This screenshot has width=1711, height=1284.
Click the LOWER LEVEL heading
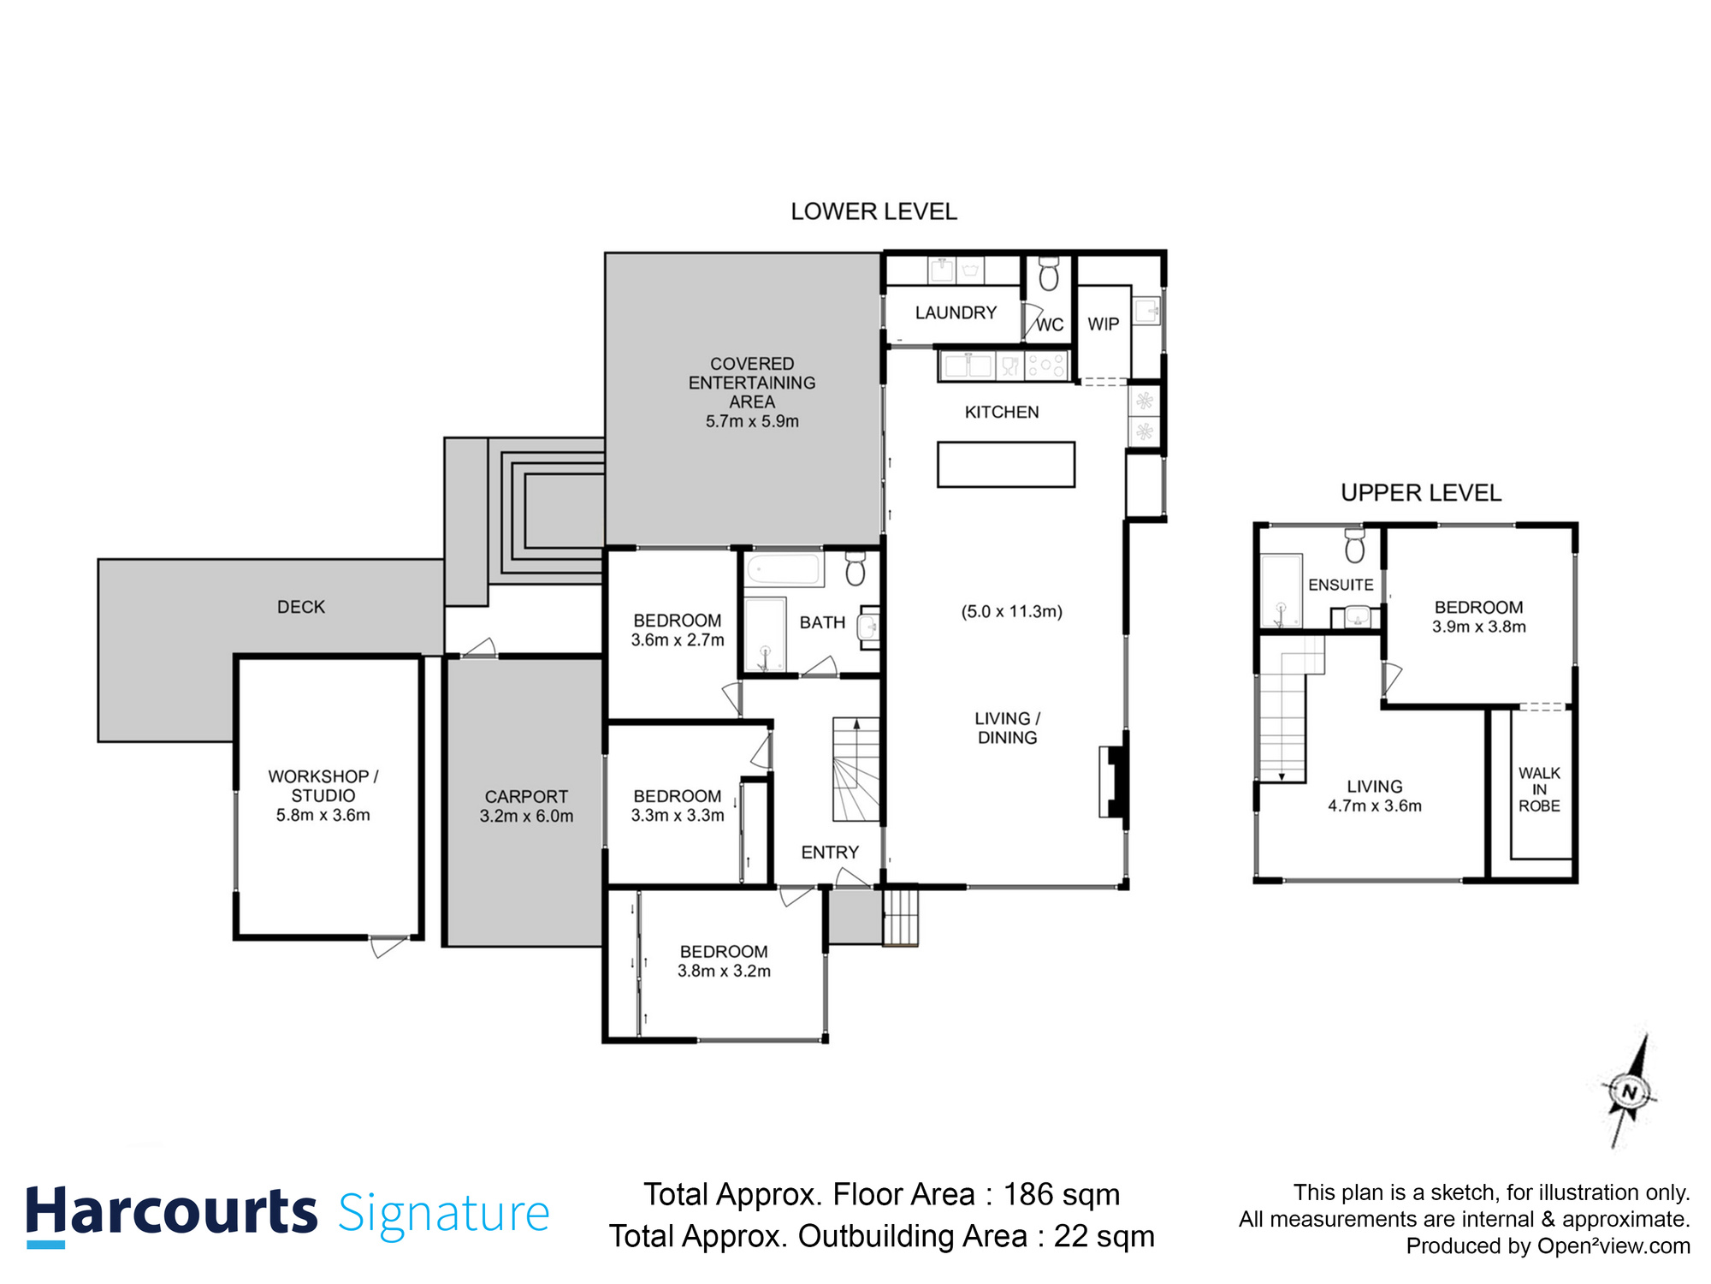pyautogui.click(x=873, y=211)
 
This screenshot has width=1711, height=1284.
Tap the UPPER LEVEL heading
pyautogui.click(x=1420, y=493)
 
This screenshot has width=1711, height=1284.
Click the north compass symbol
pyautogui.click(x=1629, y=1092)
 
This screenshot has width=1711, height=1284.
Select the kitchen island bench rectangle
pyautogui.click(x=1005, y=465)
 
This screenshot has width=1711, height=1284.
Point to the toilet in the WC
pyautogui.click(x=1048, y=275)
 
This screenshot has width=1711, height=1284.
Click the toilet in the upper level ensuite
pyautogui.click(x=1355, y=546)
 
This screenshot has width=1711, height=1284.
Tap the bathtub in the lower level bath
pyautogui.click(x=783, y=569)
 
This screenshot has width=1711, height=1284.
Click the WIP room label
pyautogui.click(x=1103, y=324)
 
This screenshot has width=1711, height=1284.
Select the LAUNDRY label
pyautogui.click(x=956, y=313)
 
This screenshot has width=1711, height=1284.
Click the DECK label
pyautogui.click(x=301, y=607)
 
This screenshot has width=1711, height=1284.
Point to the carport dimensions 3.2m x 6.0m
pyautogui.click(x=526, y=817)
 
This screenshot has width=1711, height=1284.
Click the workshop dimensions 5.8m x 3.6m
pyautogui.click(x=323, y=816)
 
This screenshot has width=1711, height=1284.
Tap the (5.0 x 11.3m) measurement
pyautogui.click(x=1011, y=611)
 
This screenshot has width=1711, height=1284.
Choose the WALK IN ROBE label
pyautogui.click(x=1539, y=789)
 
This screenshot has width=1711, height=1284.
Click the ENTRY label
pyautogui.click(x=829, y=853)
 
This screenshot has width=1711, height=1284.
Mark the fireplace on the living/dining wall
pyautogui.click(x=1114, y=782)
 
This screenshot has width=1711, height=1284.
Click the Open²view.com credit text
pyautogui.click(x=1613, y=1246)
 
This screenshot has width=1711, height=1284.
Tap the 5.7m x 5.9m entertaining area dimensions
pyautogui.click(x=752, y=421)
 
